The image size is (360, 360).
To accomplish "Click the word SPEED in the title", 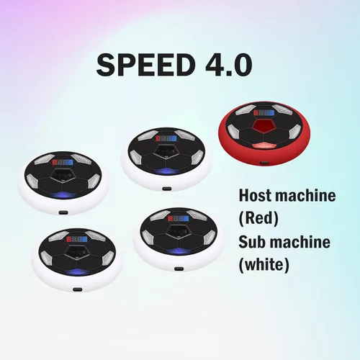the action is point(145,65).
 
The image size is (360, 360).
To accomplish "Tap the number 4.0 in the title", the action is point(229,65).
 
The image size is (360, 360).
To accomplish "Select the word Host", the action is point(255,196).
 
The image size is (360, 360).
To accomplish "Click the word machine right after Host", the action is point(305,196).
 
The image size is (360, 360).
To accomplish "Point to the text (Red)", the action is point(258,218).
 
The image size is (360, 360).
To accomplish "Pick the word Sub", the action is point(252,242).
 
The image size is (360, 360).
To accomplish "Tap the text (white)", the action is point(264,265).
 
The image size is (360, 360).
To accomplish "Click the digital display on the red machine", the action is point(264,112).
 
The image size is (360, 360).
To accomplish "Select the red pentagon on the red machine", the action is point(264,126).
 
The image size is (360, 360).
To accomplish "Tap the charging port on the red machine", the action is point(264,163).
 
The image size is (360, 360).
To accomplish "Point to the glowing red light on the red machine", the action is point(264,145).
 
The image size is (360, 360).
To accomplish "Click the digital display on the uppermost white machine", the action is point(166,138).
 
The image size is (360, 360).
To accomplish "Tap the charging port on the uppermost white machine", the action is point(166,189).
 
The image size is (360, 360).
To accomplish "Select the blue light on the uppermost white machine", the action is point(166,171).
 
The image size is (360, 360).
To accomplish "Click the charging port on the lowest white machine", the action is point(77,289).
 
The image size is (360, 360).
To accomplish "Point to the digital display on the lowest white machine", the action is point(77,239).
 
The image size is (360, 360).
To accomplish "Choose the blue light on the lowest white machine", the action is point(77,272).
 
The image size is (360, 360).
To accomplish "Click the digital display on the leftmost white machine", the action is point(63,163).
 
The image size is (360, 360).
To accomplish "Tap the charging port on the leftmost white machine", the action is point(63,212).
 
